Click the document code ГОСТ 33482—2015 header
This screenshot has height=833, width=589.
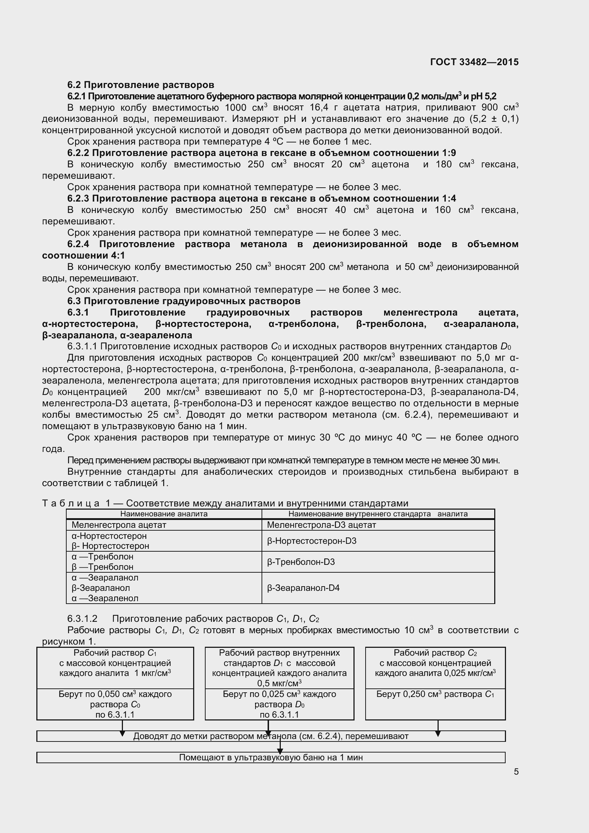[474, 62]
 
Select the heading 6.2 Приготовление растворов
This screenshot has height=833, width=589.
[140, 85]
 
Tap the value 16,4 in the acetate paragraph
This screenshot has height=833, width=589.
[319, 108]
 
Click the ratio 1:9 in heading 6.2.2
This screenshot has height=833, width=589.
[449, 153]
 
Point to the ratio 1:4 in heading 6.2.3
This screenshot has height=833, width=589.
[449, 198]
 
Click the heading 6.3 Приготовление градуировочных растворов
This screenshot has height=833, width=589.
[184, 301]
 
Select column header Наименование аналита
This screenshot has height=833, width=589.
[164, 514]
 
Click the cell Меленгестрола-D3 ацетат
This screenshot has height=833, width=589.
[321, 525]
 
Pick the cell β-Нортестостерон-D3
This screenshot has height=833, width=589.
[311, 541]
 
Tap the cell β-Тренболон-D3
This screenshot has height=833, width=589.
[300, 562]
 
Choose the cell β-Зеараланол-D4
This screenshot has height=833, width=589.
[303, 588]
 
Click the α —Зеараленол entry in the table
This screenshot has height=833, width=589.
[105, 598]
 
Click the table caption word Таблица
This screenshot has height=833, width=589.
[71, 503]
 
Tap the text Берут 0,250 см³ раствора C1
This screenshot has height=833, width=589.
[435, 694]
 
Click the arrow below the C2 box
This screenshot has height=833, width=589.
[438, 728]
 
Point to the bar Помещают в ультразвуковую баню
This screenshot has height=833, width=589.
[271, 757]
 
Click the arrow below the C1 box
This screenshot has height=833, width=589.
[122, 728]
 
